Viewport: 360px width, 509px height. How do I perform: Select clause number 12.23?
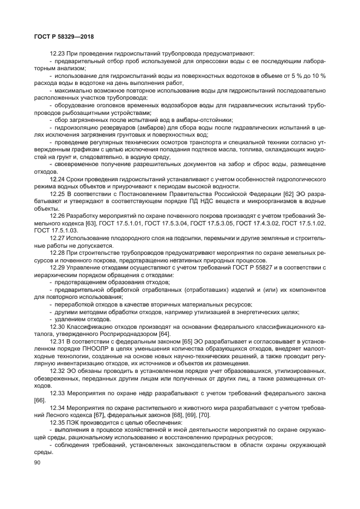coord(58,53)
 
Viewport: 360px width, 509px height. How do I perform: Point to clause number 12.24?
coord(58,179)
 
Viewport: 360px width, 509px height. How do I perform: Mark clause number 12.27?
coord(58,238)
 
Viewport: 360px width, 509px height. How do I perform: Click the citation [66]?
coord(39,400)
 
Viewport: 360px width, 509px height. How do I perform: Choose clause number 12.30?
coord(58,326)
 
